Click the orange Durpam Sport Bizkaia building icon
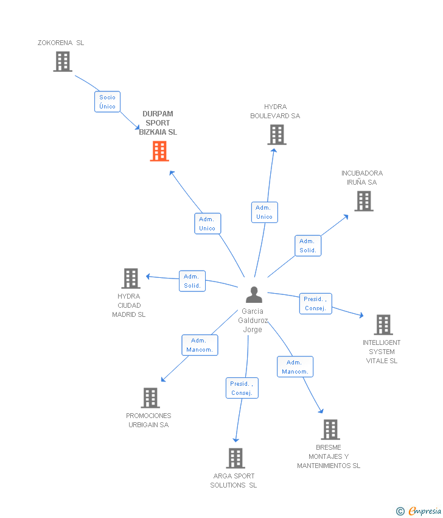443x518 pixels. [159, 151]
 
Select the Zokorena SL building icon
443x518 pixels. [63, 62]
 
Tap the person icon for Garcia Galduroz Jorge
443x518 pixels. [254, 295]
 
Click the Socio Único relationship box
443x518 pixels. [107, 102]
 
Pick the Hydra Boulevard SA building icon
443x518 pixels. [277, 135]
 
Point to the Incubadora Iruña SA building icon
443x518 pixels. [364, 201]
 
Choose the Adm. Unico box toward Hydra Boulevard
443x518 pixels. [264, 212]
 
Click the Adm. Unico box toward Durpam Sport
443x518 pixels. [207, 224]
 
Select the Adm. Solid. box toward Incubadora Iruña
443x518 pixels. [307, 246]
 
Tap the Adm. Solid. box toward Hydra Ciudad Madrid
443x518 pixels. [192, 281]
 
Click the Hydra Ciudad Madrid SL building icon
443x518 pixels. [131, 279]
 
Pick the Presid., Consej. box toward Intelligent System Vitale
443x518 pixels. [315, 303]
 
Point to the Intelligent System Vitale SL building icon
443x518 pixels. [383, 325]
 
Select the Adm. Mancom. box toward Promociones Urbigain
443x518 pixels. [199, 345]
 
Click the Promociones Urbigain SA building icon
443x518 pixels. [150, 398]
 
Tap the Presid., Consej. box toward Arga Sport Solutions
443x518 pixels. [242, 388]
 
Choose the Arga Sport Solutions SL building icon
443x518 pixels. [235, 458]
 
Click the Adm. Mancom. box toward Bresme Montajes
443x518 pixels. [295, 367]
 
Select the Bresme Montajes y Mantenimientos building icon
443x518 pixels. [330, 430]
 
